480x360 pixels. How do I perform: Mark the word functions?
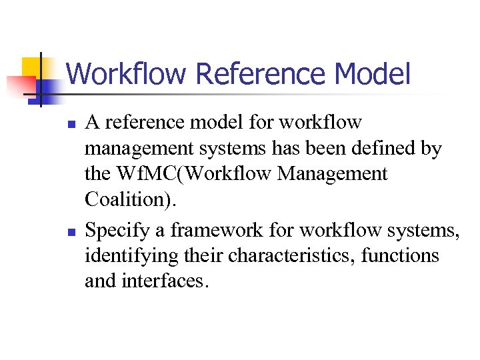click(x=400, y=256)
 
